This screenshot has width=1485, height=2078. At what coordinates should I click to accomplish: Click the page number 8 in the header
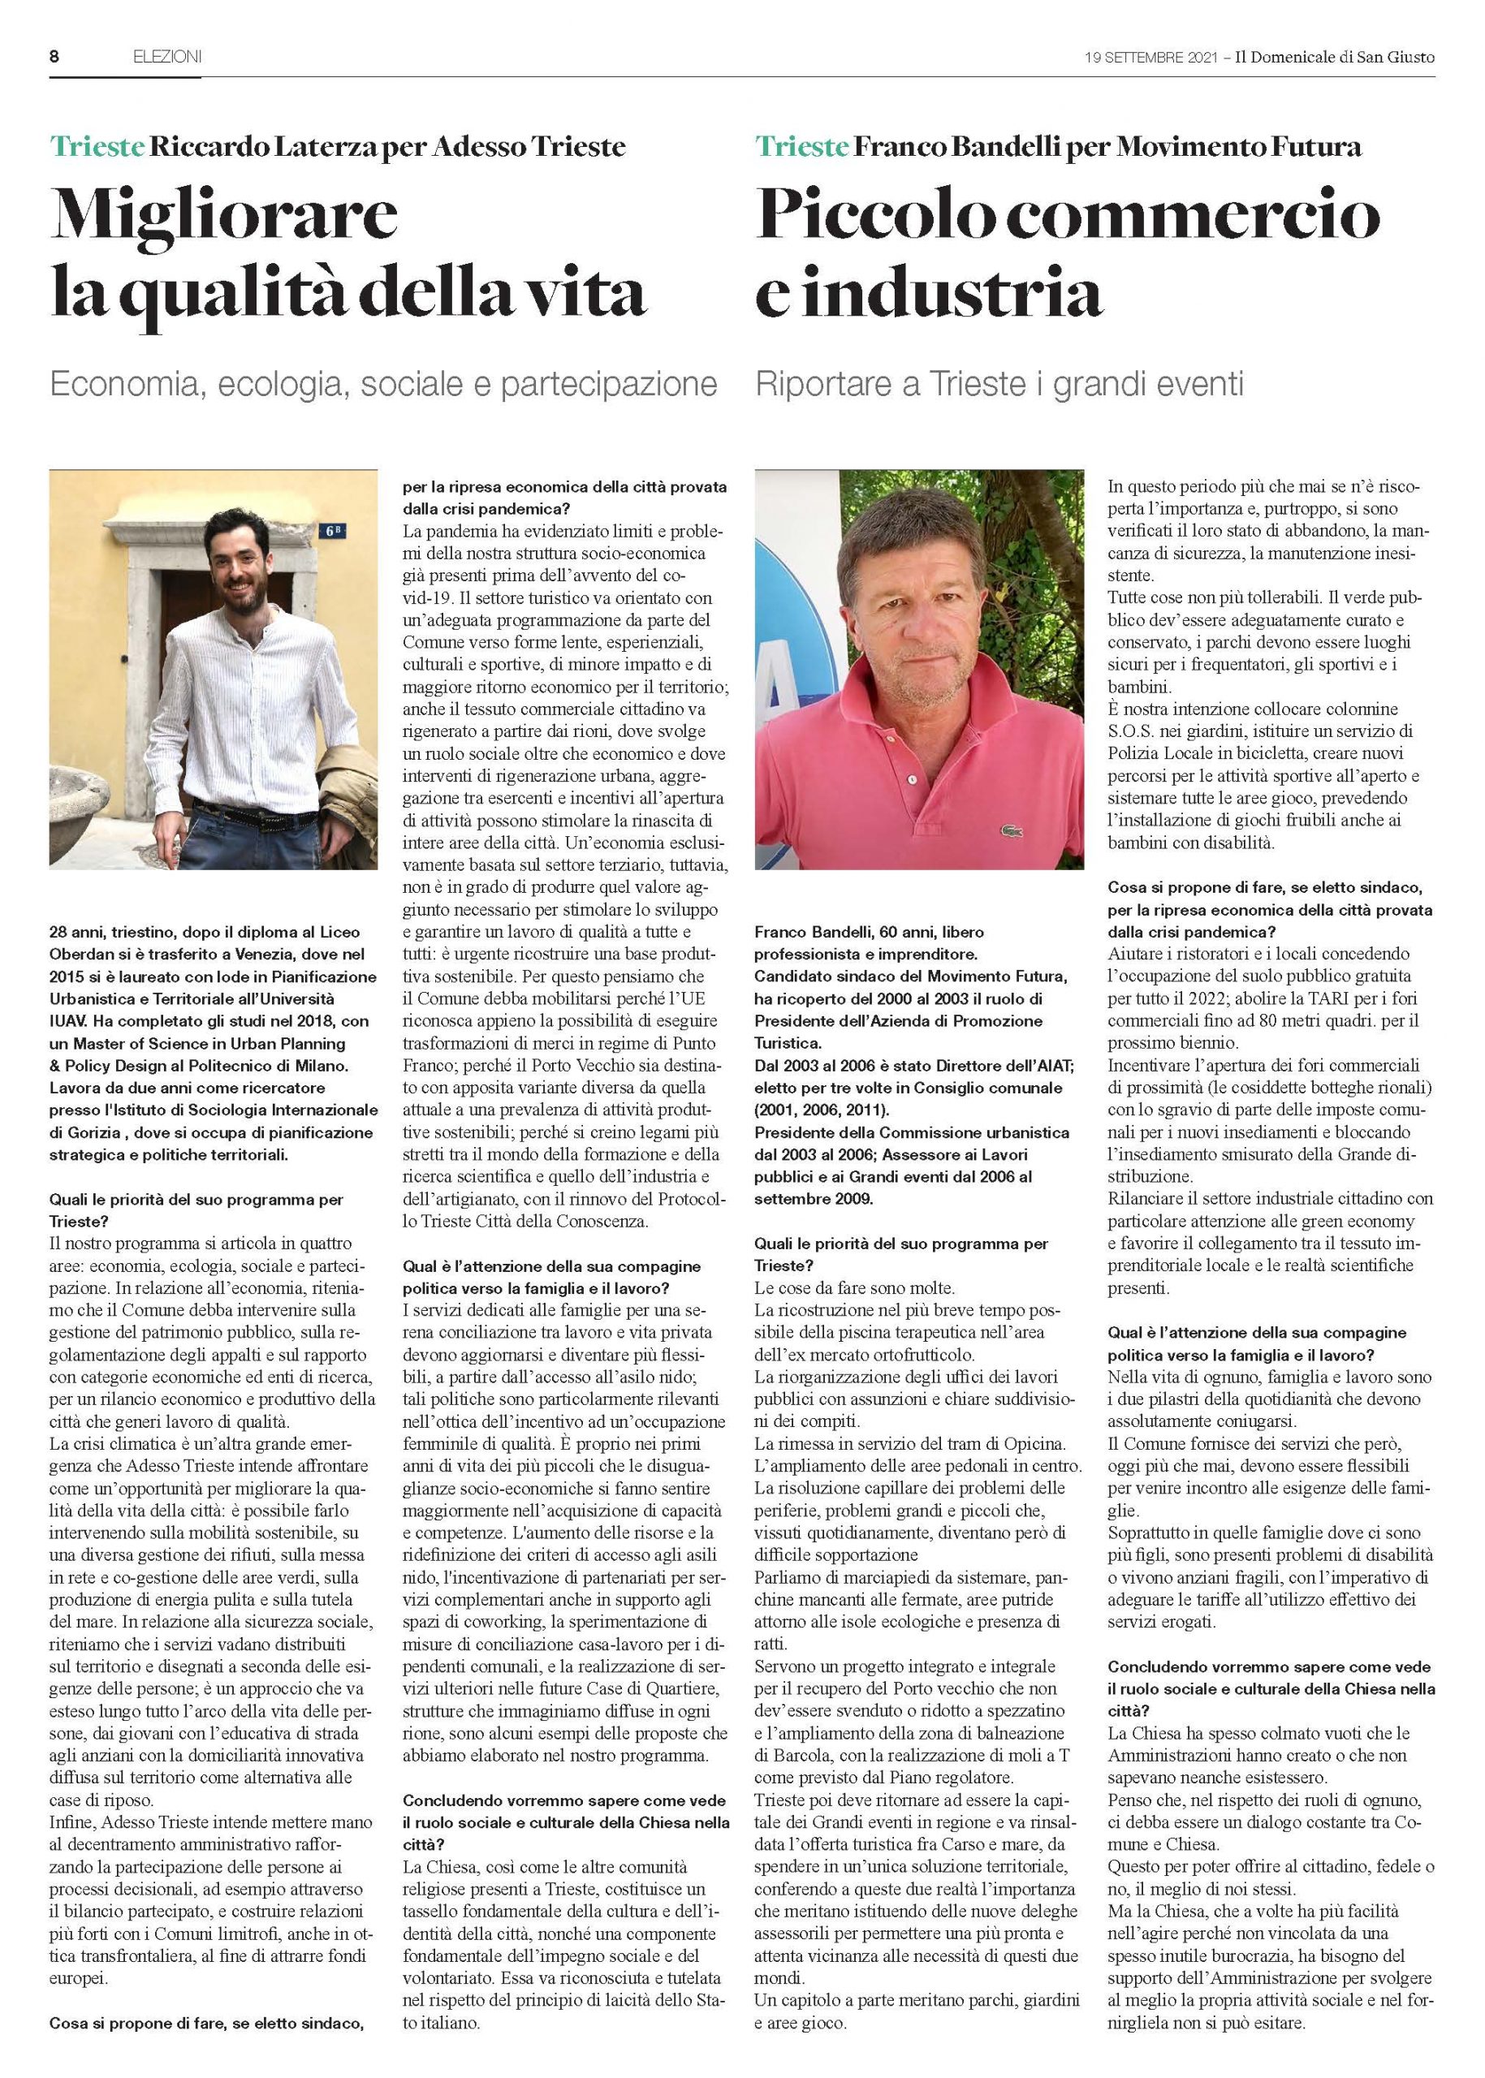(x=54, y=57)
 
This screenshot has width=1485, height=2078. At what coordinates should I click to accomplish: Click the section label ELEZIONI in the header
(x=166, y=57)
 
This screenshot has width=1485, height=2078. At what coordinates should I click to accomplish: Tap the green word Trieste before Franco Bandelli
(x=802, y=146)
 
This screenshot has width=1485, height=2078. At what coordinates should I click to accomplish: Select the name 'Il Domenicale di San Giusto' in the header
(x=1334, y=57)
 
